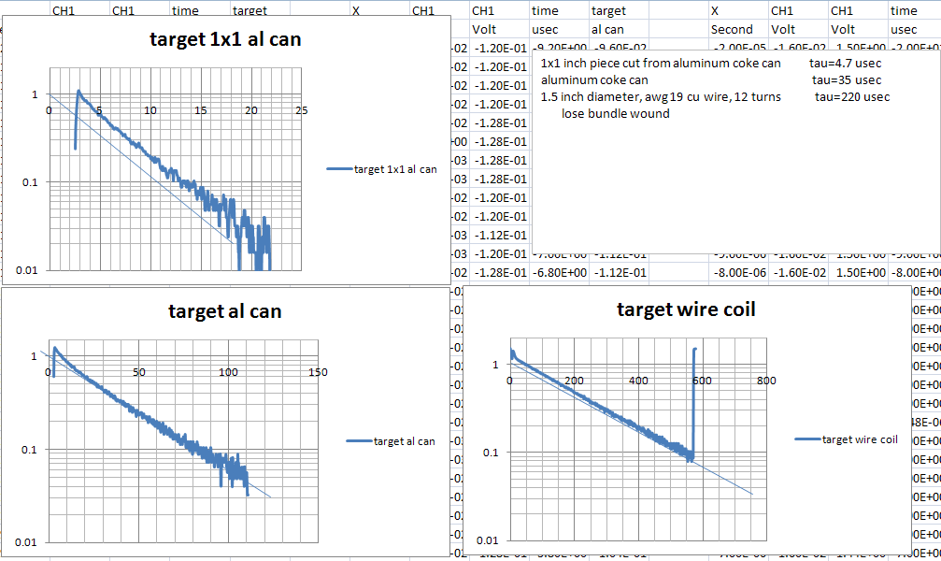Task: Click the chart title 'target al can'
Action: click(224, 310)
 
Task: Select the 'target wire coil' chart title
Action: click(686, 309)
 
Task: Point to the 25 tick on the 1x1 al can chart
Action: click(302, 110)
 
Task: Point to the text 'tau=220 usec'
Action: click(851, 96)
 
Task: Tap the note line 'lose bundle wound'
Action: click(615, 113)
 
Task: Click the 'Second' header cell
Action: click(731, 29)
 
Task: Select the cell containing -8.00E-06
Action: click(738, 272)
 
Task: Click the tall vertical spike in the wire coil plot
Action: click(694, 402)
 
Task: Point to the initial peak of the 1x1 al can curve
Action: click(78, 92)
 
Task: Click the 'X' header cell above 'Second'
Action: click(715, 11)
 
